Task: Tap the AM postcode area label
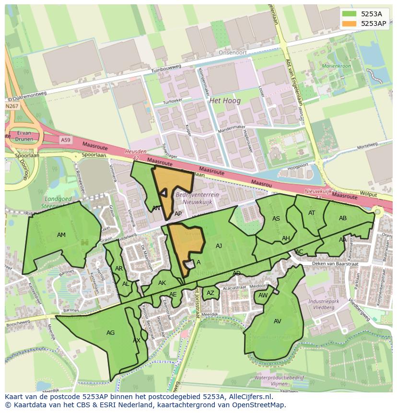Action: tap(61, 235)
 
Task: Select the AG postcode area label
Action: tap(110, 332)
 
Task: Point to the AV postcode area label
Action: tap(278, 321)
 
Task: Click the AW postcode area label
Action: tap(263, 295)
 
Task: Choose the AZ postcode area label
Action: tap(210, 293)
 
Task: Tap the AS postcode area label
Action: tap(276, 219)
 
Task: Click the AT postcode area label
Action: tap(312, 213)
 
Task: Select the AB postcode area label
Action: tap(343, 218)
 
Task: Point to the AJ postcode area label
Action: tap(219, 246)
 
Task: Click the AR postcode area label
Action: tap(119, 269)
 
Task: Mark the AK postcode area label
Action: tap(162, 283)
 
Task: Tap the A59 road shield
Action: tap(65, 140)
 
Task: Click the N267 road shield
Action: tap(12, 106)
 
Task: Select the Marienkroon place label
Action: tap(337, 66)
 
